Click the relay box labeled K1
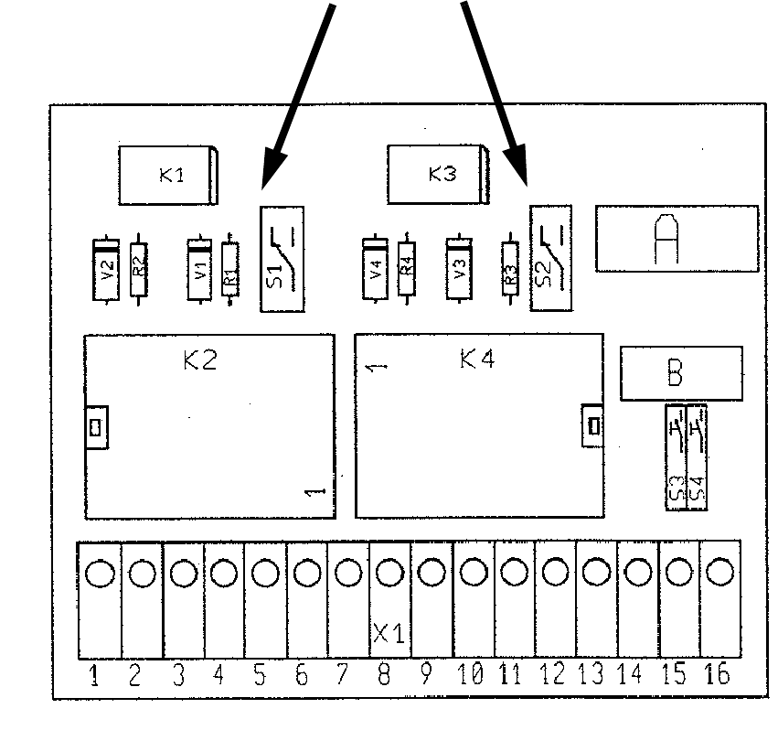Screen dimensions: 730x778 coord(170,175)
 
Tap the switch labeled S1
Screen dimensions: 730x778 coord(282,259)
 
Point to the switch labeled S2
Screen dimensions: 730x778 coord(550,259)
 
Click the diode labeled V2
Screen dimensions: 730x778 coord(107,270)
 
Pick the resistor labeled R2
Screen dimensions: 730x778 coord(138,270)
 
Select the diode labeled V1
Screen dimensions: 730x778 coord(200,270)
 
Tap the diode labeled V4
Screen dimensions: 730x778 coord(376,270)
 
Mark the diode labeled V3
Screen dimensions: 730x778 coord(460,270)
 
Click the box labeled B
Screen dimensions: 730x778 coord(675,373)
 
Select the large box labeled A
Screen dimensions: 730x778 coord(677,239)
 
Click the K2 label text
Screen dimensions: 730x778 coord(199,360)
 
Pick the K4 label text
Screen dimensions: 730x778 coord(477,360)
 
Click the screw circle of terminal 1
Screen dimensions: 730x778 coord(100,574)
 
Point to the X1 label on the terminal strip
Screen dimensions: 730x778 coord(389,633)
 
